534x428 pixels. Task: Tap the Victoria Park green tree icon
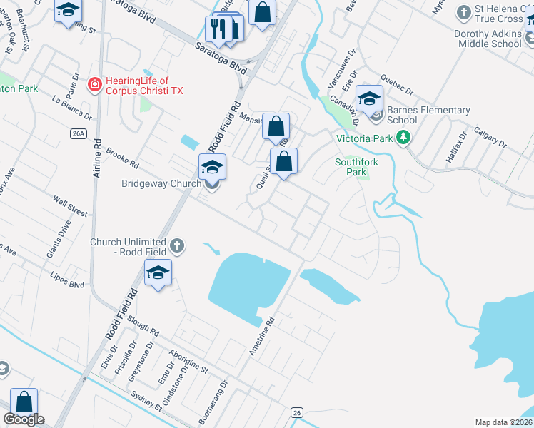[404, 137]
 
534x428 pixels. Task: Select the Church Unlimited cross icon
[177, 247]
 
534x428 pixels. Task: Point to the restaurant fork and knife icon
[217, 28]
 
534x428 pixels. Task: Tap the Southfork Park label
[351, 167]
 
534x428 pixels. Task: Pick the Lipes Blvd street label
[67, 279]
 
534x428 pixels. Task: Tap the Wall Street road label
[69, 213]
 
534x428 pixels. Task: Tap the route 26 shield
[297, 412]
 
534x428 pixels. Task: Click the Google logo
[24, 419]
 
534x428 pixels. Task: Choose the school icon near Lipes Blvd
[158, 273]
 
